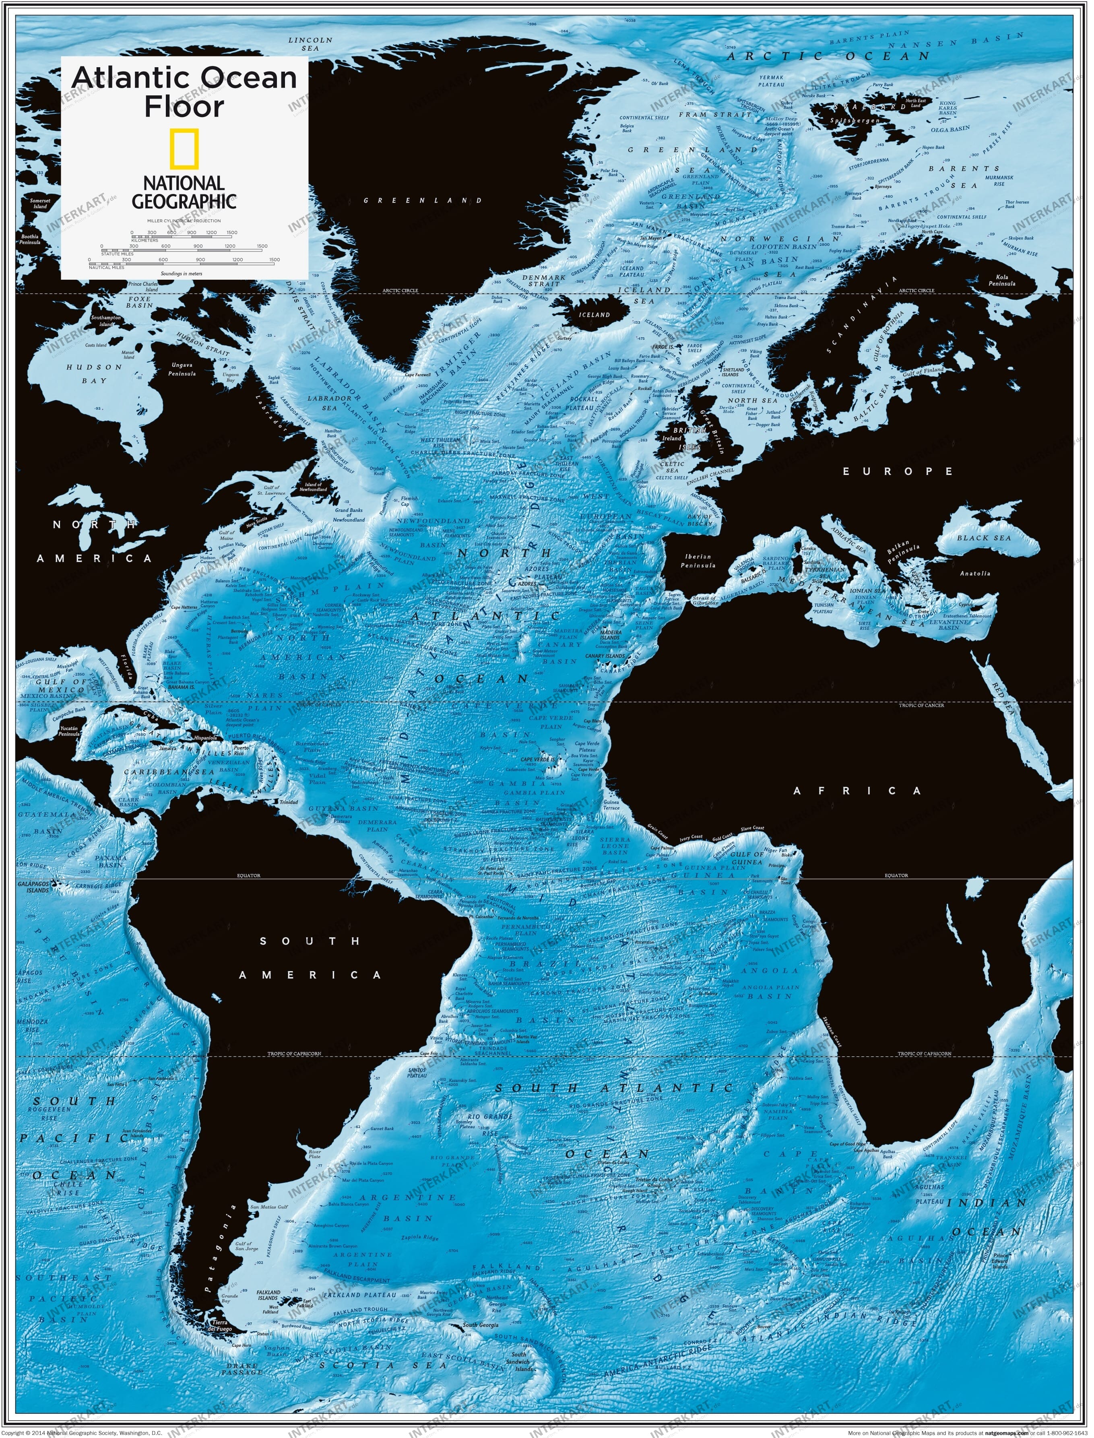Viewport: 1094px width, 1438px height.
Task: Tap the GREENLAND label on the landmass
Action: tap(423, 200)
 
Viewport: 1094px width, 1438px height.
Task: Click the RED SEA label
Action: tap(1001, 695)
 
